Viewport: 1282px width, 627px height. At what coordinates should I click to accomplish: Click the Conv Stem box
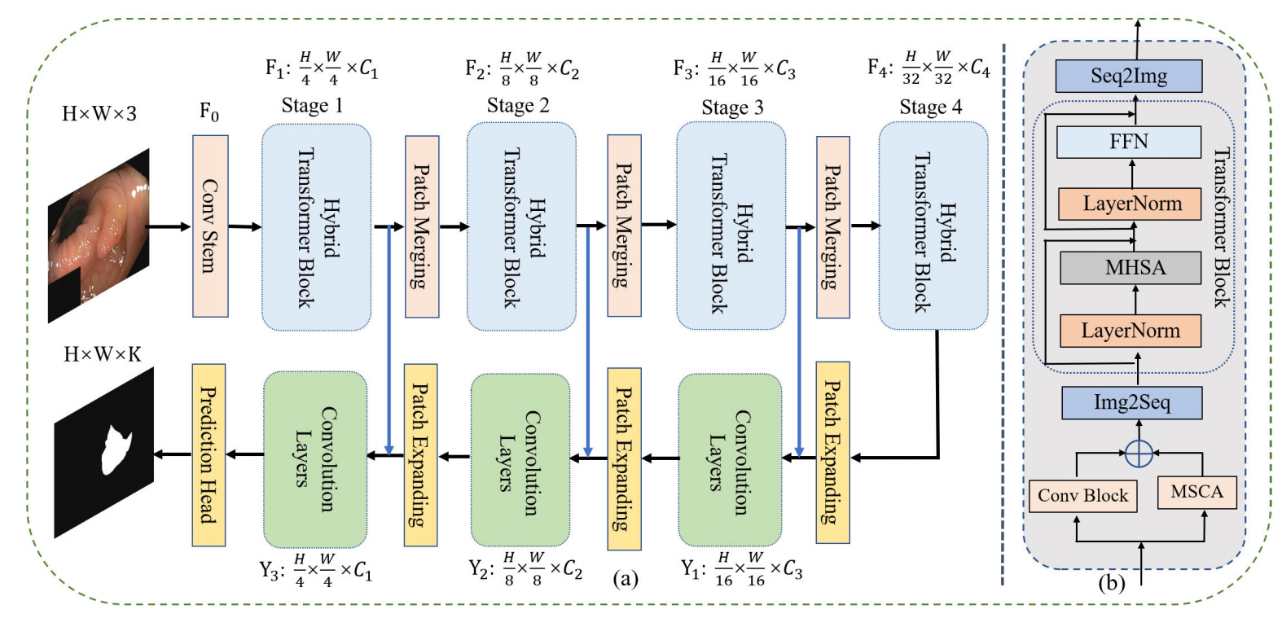click(210, 226)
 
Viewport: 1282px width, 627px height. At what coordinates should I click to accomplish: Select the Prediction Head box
click(209, 454)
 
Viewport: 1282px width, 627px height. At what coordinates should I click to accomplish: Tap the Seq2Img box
click(1129, 76)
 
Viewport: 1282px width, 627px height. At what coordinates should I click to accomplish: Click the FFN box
click(1129, 142)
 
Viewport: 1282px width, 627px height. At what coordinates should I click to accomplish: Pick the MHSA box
click(1131, 267)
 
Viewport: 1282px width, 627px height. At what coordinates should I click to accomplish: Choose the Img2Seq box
click(1132, 402)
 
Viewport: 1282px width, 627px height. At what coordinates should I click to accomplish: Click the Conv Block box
click(1082, 496)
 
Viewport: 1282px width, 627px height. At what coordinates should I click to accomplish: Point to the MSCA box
click(1196, 492)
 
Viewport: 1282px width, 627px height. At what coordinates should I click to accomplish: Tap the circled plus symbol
click(1138, 453)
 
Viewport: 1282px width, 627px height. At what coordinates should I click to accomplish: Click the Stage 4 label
click(930, 107)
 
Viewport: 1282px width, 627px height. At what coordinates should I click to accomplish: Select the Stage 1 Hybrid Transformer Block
click(316, 226)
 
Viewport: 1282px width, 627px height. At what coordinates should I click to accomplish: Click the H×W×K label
click(103, 354)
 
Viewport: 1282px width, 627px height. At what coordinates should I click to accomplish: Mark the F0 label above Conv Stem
click(209, 112)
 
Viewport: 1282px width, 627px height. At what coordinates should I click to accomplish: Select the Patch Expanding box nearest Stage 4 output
click(832, 452)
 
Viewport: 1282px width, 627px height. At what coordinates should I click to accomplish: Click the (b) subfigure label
click(1111, 583)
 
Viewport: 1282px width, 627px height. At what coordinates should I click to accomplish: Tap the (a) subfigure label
click(625, 578)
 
